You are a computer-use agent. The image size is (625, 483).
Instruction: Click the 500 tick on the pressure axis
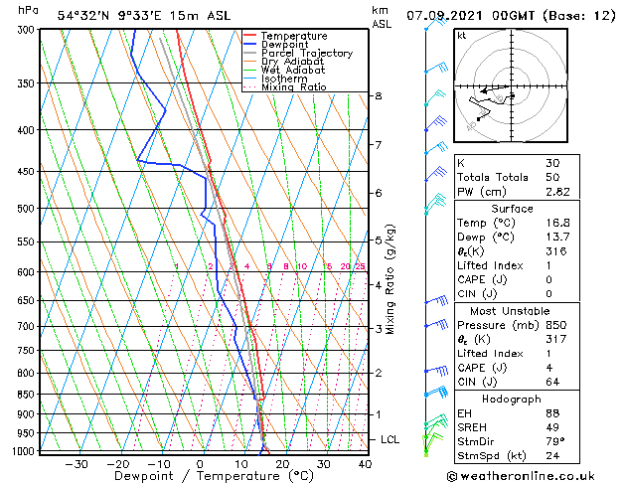(x=25, y=209)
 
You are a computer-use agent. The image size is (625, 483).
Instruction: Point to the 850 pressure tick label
(x=25, y=395)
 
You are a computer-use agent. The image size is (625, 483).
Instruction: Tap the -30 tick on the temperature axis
(x=77, y=464)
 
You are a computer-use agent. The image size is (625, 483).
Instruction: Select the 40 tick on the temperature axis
(x=365, y=464)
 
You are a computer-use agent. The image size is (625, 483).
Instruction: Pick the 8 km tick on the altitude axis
(x=378, y=95)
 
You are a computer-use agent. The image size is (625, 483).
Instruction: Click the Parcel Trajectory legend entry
(x=306, y=54)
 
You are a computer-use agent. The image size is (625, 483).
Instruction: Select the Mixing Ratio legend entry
(x=294, y=87)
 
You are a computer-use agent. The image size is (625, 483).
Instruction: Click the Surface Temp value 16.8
(x=556, y=224)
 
